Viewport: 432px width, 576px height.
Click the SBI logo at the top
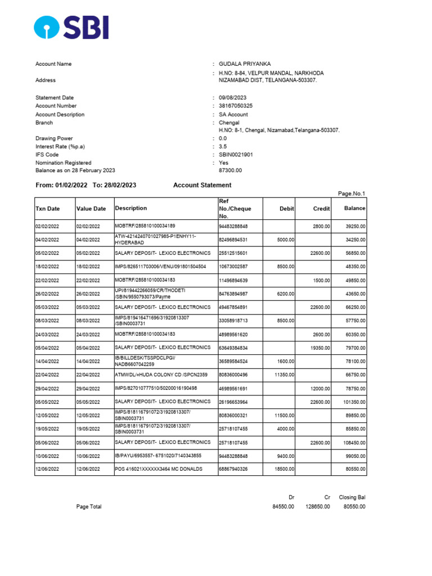(x=71, y=27)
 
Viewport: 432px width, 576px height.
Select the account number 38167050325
(x=236, y=106)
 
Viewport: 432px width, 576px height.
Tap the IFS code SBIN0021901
(x=236, y=155)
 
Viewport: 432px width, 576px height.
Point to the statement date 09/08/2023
(x=233, y=98)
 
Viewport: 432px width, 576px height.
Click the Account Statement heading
(x=202, y=185)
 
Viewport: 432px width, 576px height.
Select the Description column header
(x=131, y=208)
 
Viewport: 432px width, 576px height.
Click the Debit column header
(x=287, y=209)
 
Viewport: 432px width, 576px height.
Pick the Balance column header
(x=355, y=208)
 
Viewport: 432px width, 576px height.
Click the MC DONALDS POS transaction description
(x=159, y=469)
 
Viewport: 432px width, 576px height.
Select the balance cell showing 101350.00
(x=353, y=402)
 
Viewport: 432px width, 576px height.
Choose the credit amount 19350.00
(x=320, y=348)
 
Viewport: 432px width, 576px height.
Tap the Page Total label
(x=89, y=507)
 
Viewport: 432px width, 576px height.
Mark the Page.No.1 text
(x=352, y=193)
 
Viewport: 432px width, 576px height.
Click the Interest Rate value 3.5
(x=223, y=146)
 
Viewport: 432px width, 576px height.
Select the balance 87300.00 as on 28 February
(x=230, y=170)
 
